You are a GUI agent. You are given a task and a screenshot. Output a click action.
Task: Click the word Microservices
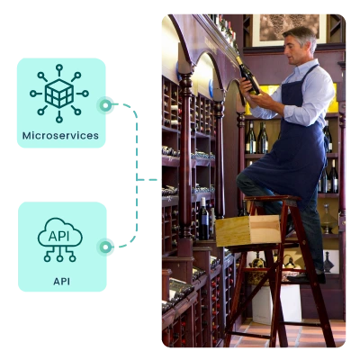tap(60, 136)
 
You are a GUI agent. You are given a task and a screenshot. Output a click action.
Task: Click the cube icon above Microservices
tap(59, 94)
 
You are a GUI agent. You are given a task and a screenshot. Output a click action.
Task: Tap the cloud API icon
tap(60, 239)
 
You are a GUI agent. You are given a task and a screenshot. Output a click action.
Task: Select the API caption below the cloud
tap(61, 282)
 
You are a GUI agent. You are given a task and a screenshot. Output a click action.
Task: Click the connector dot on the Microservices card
tap(105, 105)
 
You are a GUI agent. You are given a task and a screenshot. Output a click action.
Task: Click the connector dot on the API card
tap(105, 247)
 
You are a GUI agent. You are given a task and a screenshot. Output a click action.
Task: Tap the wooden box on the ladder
tap(247, 229)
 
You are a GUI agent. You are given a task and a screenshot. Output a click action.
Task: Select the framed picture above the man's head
tap(289, 30)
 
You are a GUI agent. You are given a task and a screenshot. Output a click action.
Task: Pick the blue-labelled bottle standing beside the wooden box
tap(203, 219)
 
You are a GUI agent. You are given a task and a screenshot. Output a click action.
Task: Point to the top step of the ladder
tap(273, 199)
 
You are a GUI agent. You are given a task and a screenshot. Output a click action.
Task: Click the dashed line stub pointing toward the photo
tap(147, 180)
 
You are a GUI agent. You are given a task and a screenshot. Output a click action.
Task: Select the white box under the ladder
tap(276, 303)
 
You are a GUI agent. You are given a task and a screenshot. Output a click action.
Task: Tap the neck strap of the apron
tap(310, 75)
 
